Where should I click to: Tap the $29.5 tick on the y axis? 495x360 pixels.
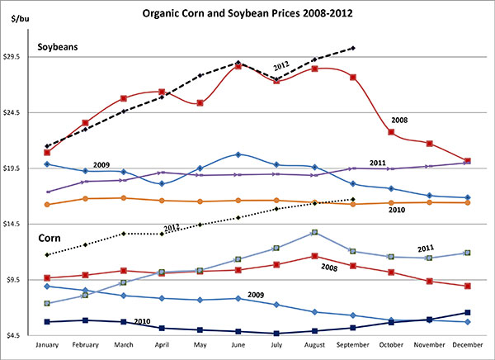pos(19,57)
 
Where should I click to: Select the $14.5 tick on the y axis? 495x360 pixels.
pos(19,224)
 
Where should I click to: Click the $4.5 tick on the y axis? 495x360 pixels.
pos(19,335)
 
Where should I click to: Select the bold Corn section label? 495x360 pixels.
pos(54,238)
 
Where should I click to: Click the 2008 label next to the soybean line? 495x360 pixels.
pos(421,120)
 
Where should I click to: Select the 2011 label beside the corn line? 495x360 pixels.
pos(426,247)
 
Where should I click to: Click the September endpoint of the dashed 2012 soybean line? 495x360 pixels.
pos(353,48)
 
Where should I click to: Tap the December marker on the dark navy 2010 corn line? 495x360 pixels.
pos(467,313)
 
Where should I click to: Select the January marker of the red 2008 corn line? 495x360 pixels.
pos(48,277)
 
